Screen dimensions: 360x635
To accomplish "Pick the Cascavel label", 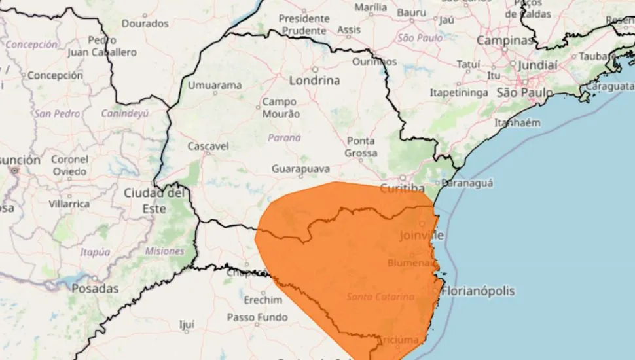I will (x=207, y=145).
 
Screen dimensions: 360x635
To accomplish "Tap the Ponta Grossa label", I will (x=361, y=147).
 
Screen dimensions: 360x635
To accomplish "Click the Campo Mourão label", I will (x=281, y=108).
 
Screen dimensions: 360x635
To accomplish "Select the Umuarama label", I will (x=215, y=85).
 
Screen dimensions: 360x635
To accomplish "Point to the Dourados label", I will (x=145, y=23).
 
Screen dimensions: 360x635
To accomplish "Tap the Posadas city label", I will (x=95, y=288).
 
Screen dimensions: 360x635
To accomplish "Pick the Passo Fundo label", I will (x=257, y=317).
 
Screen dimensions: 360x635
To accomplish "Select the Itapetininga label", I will (x=458, y=93).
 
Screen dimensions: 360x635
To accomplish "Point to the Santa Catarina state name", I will (x=380, y=297).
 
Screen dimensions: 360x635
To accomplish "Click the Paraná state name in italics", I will (x=284, y=137).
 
